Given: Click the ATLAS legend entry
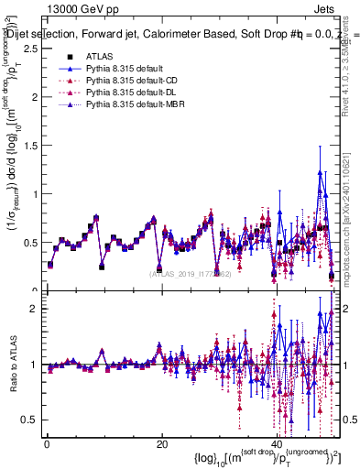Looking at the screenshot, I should tap(98, 57).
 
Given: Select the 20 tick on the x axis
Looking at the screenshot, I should tap(161, 444).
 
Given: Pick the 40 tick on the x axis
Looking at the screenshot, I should tap(278, 444).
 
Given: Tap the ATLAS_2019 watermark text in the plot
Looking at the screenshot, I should tap(191, 274).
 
